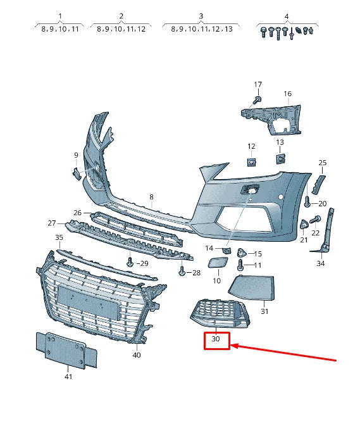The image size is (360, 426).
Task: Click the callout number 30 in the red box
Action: point(216,340)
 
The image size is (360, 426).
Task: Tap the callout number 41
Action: point(68,377)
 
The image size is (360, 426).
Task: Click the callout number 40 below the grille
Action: point(137,355)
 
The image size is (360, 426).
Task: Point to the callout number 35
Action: point(59,238)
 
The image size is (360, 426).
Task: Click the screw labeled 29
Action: point(130,260)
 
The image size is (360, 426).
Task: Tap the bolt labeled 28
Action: point(182,271)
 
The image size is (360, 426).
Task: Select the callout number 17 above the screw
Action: point(258,84)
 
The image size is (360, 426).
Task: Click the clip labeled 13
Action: point(280,158)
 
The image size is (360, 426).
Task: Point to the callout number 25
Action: point(322,163)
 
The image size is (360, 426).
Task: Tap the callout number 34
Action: point(321,263)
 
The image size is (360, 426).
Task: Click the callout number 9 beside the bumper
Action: point(76,155)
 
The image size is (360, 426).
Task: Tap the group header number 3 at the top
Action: point(201,16)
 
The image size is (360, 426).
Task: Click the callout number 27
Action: point(52,223)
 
